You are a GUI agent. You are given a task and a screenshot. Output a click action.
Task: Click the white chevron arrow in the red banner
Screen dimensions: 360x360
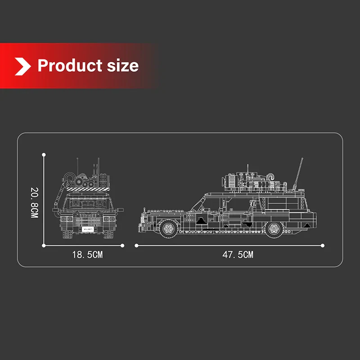pos(23,66)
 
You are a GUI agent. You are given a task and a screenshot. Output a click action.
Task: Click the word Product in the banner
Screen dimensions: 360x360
pos(70,66)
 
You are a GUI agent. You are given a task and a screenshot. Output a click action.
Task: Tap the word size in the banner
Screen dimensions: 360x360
pos(123,66)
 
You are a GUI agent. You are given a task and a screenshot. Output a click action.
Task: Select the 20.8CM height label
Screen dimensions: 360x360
pos(35,202)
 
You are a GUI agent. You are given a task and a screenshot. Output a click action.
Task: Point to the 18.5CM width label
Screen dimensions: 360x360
pos(87,255)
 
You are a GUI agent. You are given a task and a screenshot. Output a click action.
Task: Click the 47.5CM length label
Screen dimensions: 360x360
pos(238,255)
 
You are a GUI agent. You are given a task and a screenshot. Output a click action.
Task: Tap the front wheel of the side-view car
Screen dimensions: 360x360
pos(169,229)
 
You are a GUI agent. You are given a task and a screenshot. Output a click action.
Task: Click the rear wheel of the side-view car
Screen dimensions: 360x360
pos(274,229)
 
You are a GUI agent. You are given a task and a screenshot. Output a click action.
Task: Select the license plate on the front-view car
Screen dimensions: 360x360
pos(88,229)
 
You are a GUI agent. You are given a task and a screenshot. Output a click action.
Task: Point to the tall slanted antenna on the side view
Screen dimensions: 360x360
pos(298,174)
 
